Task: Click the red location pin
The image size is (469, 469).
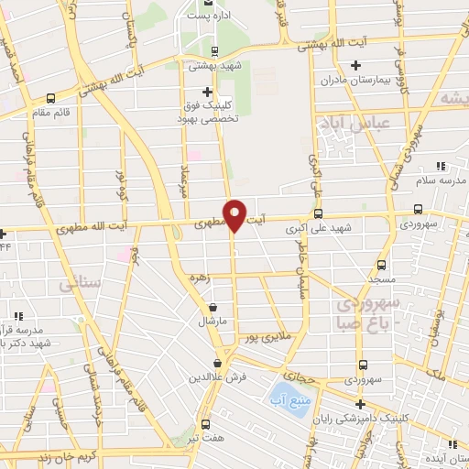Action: (x=234, y=213)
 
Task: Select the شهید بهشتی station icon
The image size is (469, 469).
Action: (x=214, y=51)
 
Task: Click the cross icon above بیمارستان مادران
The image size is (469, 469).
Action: (x=356, y=65)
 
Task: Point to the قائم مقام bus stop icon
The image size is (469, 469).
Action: (x=51, y=99)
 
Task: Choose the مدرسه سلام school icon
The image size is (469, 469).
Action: (x=441, y=166)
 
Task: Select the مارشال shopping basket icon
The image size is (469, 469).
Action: (x=213, y=308)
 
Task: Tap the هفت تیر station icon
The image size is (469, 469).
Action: (x=204, y=424)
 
